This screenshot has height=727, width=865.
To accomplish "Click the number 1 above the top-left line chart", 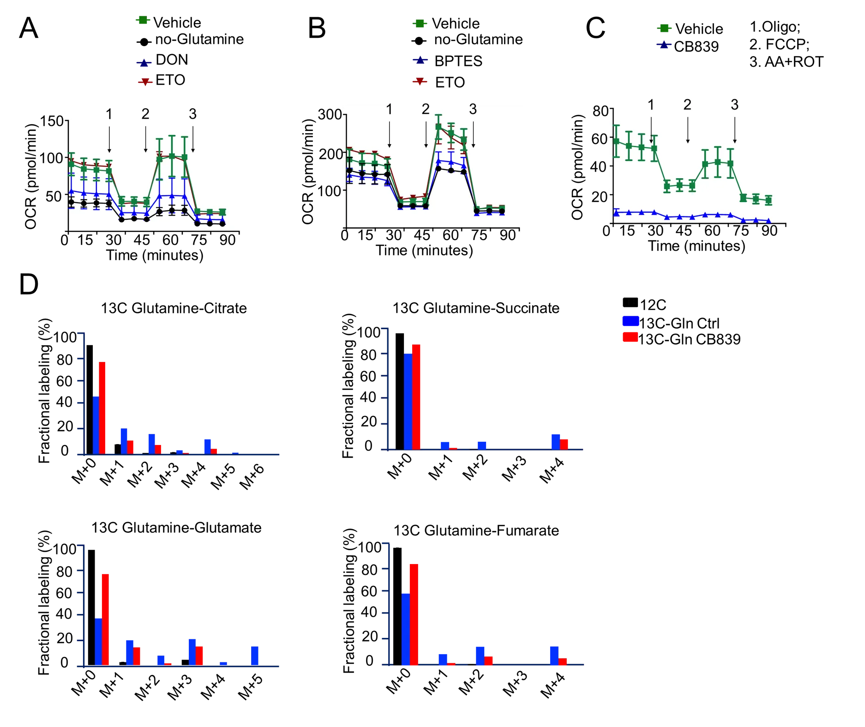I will (x=109, y=115).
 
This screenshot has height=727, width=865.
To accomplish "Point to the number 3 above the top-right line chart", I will (x=735, y=105).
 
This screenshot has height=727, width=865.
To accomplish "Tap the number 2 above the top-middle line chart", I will (x=426, y=109).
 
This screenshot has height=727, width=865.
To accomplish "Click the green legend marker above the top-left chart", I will (x=143, y=20).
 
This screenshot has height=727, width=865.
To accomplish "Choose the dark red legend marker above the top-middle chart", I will (x=419, y=81).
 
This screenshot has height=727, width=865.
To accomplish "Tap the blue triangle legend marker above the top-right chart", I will (x=664, y=45).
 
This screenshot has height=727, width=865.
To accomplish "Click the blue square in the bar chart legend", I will (x=631, y=321).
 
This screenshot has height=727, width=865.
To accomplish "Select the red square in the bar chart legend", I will (x=630, y=337).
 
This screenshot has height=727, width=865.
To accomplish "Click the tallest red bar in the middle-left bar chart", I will (x=102, y=408).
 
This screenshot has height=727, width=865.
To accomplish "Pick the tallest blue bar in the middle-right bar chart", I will (x=408, y=401).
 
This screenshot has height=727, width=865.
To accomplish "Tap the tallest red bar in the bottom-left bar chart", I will (x=105, y=619).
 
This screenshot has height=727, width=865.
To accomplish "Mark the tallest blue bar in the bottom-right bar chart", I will (x=406, y=628).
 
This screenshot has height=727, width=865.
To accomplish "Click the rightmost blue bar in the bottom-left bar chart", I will (x=255, y=655).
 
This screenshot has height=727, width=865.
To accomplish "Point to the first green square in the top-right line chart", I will (x=616, y=141).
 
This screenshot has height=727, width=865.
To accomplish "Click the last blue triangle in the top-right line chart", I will (x=769, y=221).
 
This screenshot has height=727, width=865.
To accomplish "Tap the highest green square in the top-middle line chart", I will (x=439, y=126).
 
